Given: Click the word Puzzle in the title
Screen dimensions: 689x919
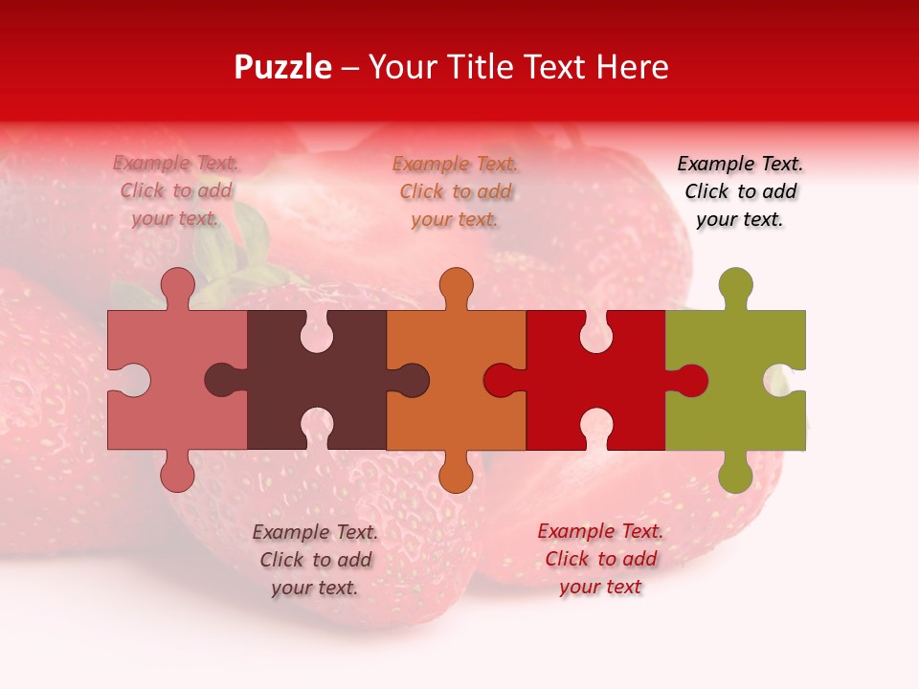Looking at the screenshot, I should point(283,67).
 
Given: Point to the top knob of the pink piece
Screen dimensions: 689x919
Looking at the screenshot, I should point(178,285).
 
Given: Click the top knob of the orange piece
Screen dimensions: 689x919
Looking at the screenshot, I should point(456,285).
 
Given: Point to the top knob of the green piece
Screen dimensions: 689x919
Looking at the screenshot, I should point(735,285).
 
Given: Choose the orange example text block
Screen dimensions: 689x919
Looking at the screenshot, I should point(456,191).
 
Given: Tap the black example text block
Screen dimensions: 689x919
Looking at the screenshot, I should point(740,191).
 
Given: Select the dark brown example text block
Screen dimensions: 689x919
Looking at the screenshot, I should point(315,559).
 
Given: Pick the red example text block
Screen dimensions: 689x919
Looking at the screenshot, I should point(600,559).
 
